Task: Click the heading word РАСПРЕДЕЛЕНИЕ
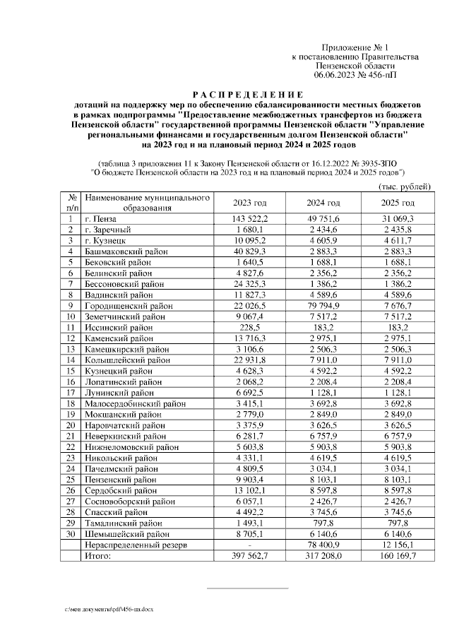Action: [x=247, y=95]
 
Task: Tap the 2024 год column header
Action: [x=323, y=203]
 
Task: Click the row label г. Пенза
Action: [x=101, y=219]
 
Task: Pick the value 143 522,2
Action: [x=248, y=219]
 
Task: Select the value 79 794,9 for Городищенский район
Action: [x=323, y=305]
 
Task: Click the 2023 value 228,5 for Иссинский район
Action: [x=248, y=328]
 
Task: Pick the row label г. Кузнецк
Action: [x=105, y=242]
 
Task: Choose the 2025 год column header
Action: [x=398, y=203]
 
